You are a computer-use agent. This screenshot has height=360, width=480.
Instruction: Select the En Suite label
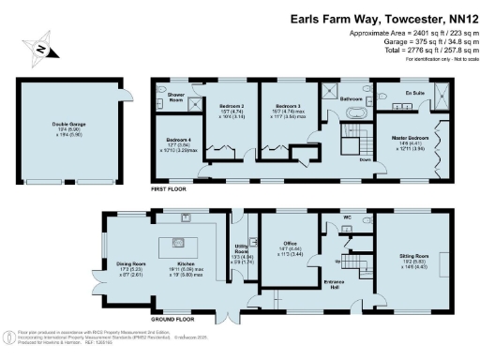click(x=416, y=95)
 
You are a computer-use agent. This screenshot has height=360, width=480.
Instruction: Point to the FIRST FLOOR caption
click(x=171, y=188)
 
